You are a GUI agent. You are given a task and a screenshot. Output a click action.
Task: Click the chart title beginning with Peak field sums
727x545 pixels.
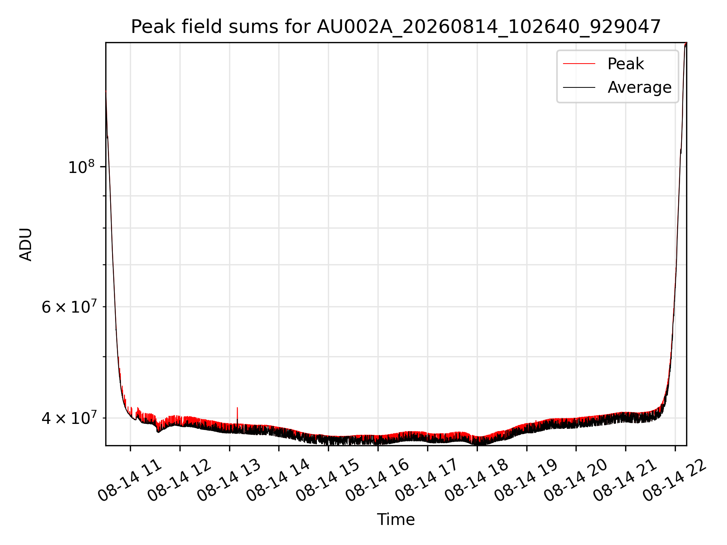396,27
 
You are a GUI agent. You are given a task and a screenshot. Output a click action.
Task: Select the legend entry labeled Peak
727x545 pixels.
626,64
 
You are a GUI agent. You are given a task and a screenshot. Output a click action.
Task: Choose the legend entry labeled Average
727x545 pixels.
640,87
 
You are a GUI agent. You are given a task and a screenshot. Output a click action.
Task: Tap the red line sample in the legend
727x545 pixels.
579,64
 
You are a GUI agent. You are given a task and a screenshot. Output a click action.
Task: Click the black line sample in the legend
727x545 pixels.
579,87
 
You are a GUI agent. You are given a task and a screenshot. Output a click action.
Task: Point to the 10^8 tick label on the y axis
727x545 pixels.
81,167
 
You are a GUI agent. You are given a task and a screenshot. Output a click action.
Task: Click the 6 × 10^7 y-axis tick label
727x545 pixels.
69,307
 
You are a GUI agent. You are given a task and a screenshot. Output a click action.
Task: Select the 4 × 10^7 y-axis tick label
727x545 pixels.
69,418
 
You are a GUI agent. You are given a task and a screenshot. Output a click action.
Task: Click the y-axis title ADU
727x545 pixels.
26,244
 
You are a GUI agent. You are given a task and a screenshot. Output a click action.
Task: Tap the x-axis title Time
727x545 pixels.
396,520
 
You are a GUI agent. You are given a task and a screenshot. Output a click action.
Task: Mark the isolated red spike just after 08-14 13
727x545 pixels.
237,416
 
